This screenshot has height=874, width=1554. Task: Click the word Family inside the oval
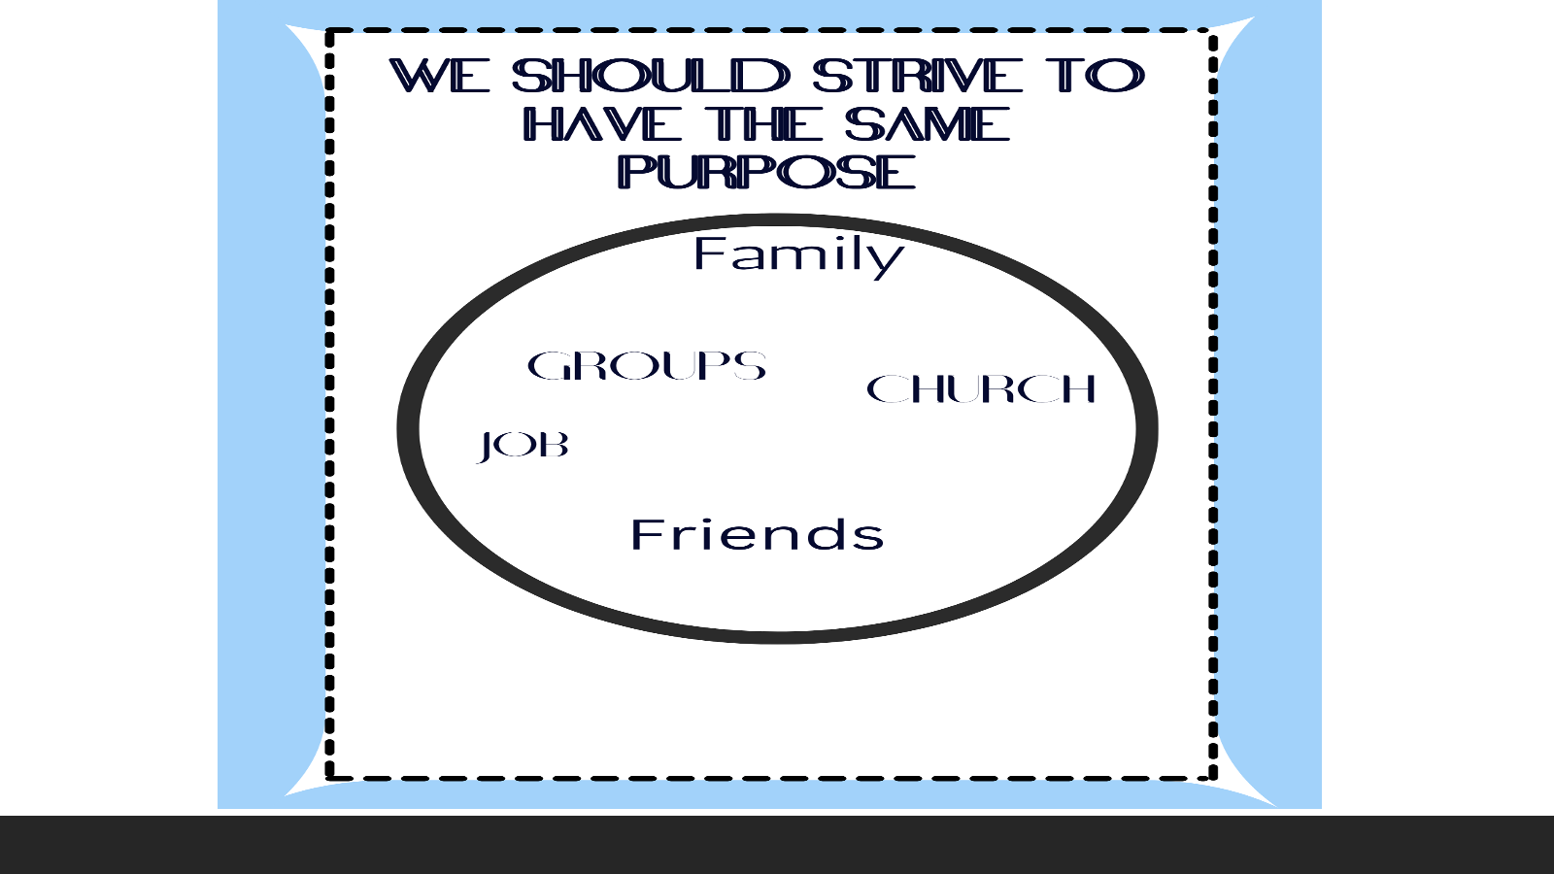tap(798, 256)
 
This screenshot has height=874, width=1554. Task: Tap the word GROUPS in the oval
tap(647, 365)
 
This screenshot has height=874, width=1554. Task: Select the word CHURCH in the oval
tap(981, 388)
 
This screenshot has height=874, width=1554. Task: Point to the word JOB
tap(524, 446)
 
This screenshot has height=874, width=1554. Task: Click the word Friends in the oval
tap(758, 535)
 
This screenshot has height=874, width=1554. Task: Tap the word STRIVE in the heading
tap(917, 76)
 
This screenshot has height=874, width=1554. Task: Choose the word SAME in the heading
tap(928, 125)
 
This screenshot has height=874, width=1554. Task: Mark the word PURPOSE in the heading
tap(767, 172)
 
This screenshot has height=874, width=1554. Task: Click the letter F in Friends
tap(644, 535)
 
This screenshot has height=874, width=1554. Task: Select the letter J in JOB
tap(487, 447)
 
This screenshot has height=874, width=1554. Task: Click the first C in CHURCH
tap(885, 388)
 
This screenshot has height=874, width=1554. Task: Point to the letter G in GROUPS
tap(548, 365)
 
